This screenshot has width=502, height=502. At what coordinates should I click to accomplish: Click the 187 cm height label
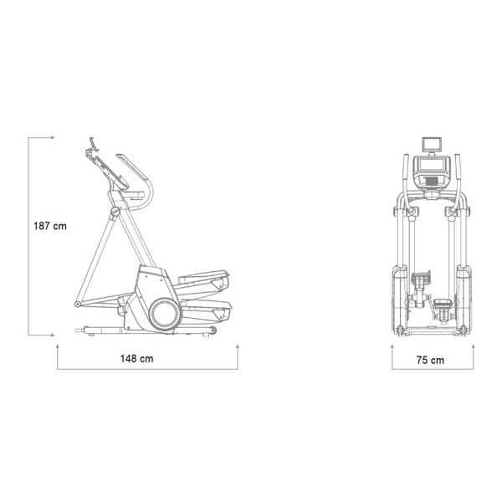pyautogui.click(x=50, y=226)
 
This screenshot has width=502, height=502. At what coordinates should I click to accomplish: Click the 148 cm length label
pyautogui.click(x=136, y=359)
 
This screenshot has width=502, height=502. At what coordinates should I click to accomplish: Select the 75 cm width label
pyautogui.click(x=430, y=360)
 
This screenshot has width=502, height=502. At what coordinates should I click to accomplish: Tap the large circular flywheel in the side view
pyautogui.click(x=165, y=314)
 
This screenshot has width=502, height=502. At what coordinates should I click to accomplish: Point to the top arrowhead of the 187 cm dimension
pyautogui.click(x=53, y=138)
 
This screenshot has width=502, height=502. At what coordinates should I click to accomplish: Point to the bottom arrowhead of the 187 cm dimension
pyautogui.click(x=53, y=336)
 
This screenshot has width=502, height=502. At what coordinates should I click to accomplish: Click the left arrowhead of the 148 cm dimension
pyautogui.click(x=57, y=346)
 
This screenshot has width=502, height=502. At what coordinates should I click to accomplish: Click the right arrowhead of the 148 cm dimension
pyautogui.click(x=238, y=346)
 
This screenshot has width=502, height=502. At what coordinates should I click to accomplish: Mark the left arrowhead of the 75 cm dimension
pyautogui.click(x=392, y=346)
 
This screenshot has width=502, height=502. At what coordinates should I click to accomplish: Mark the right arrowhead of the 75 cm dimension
pyautogui.click(x=474, y=346)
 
